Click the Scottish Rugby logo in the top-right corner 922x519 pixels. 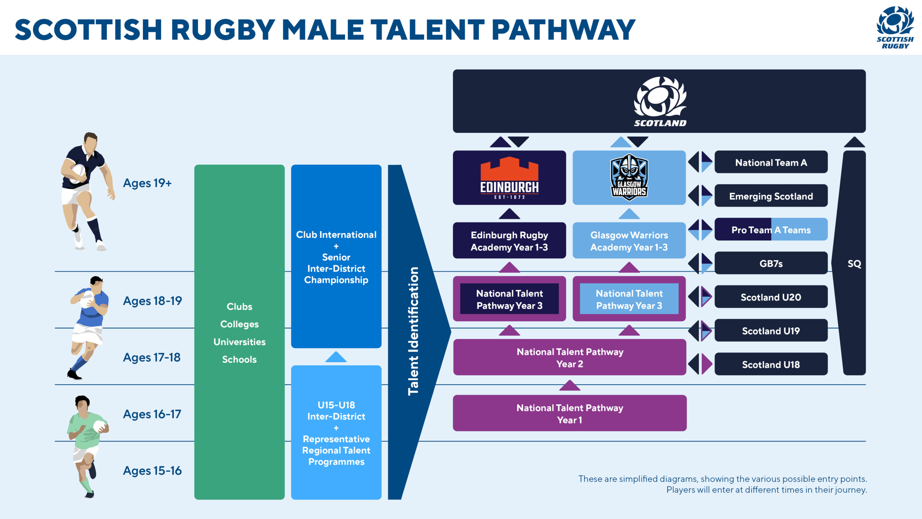[x=895, y=27]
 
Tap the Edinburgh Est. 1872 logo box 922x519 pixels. [x=509, y=178]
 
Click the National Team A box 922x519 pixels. [x=771, y=162]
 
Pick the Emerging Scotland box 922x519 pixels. [x=771, y=196]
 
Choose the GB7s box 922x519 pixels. [x=771, y=263]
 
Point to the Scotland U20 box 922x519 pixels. [x=771, y=297]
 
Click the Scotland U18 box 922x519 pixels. [x=771, y=364]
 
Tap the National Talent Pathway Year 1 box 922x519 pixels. [x=569, y=413]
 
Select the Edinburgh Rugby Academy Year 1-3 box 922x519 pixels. [x=509, y=241]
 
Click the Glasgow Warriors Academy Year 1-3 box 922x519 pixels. [x=629, y=241]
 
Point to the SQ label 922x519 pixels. [x=854, y=263]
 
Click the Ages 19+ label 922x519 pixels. [x=147, y=183]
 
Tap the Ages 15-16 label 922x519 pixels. [x=152, y=471]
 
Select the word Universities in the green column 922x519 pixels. [x=240, y=342]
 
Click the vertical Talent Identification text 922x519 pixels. [x=413, y=332]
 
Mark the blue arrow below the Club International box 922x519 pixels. [x=336, y=357]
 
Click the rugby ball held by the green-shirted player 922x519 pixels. [x=99, y=426]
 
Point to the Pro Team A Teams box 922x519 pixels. [x=771, y=230]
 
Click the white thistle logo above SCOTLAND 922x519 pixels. [x=660, y=97]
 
